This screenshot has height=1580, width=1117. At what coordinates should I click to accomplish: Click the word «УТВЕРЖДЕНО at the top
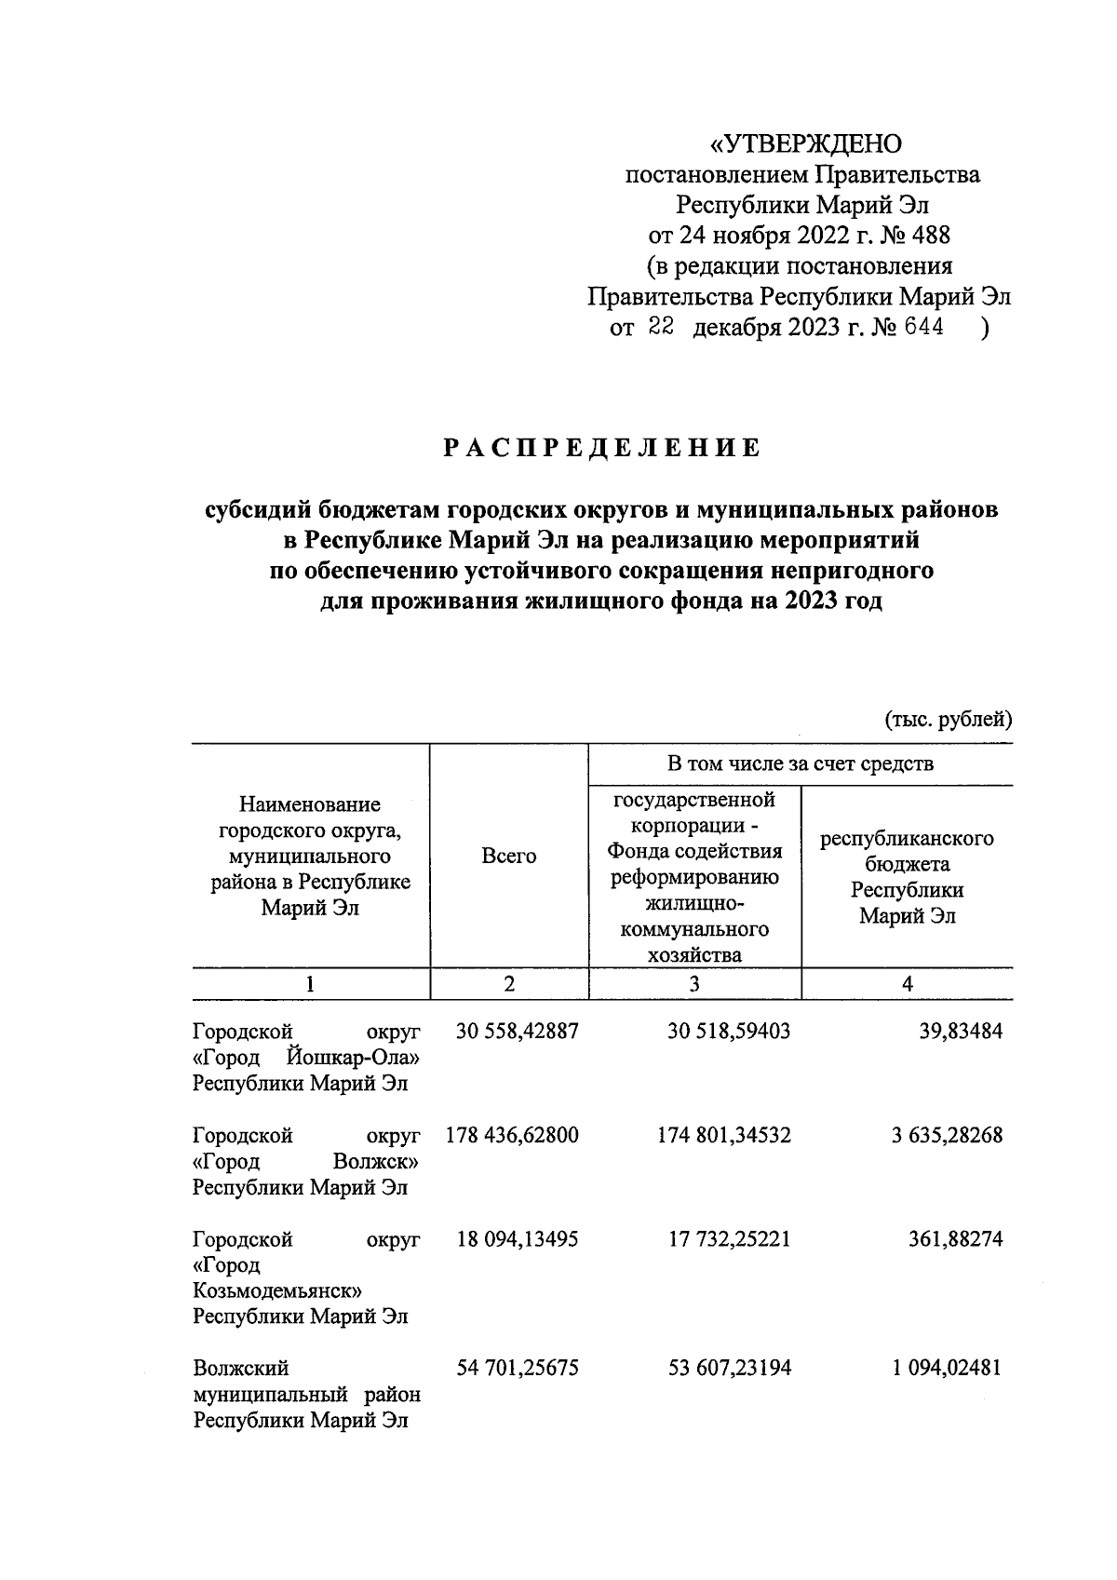click(806, 144)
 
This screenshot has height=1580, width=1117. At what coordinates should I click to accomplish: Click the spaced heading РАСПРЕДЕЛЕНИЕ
click(601, 449)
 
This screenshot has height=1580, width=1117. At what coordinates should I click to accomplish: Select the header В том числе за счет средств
click(800, 764)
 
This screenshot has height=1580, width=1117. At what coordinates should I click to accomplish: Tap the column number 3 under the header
click(694, 984)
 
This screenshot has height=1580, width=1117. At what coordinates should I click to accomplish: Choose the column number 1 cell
click(310, 984)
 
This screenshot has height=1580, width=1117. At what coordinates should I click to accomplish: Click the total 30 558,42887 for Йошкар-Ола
click(518, 1032)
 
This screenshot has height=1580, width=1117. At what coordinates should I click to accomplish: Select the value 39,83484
click(962, 1032)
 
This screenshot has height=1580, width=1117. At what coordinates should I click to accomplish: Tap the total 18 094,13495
click(518, 1240)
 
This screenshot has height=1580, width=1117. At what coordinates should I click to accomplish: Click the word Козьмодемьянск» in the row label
click(277, 1291)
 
